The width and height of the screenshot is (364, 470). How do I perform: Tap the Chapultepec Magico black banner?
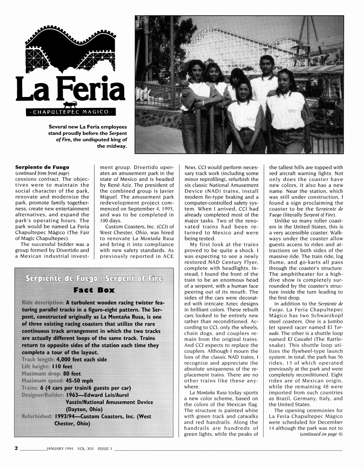[x=68, y=112]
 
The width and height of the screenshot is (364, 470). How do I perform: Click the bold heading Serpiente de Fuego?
[x=42, y=167]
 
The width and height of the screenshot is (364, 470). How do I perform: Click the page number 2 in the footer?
[x=16, y=447]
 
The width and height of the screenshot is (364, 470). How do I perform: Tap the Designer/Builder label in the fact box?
[x=42, y=395]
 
